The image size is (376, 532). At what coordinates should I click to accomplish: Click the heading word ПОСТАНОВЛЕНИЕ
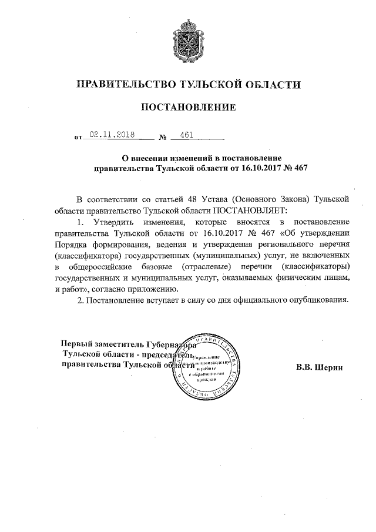(188, 108)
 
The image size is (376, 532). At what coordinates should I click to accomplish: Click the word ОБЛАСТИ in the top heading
(271, 85)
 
